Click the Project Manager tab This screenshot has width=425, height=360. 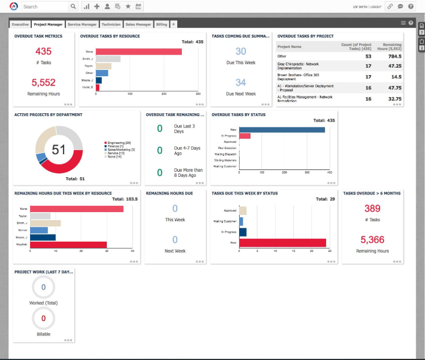pyautogui.click(x=48, y=24)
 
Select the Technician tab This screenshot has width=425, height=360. pyautogui.click(x=111, y=24)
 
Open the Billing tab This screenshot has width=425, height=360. pyautogui.click(x=161, y=24)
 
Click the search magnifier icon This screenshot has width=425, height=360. pyautogui.click(x=73, y=7)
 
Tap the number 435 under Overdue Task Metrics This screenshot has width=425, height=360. pyautogui.click(x=43, y=52)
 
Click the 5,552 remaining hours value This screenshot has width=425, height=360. pyautogui.click(x=43, y=82)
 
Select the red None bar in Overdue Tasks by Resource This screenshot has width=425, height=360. pyautogui.click(x=139, y=52)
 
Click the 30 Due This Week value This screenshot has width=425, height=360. pyautogui.click(x=241, y=52)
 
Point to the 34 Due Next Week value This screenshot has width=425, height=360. pyautogui.click(x=241, y=82)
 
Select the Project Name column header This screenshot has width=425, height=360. pyautogui.click(x=289, y=47)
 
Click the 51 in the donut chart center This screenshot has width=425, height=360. pyautogui.click(x=59, y=150)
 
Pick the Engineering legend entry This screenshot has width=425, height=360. pyautogui.click(x=118, y=143)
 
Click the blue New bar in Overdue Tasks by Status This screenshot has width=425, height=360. pyautogui.click(x=282, y=130)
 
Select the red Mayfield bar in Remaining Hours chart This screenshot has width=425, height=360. pyautogui.click(x=68, y=245)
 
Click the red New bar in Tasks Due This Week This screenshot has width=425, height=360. pyautogui.click(x=282, y=243)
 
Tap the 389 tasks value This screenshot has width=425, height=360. pyautogui.click(x=372, y=209)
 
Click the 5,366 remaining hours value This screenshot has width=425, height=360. pyautogui.click(x=372, y=239)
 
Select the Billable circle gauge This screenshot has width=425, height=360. pyautogui.click(x=43, y=318)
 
